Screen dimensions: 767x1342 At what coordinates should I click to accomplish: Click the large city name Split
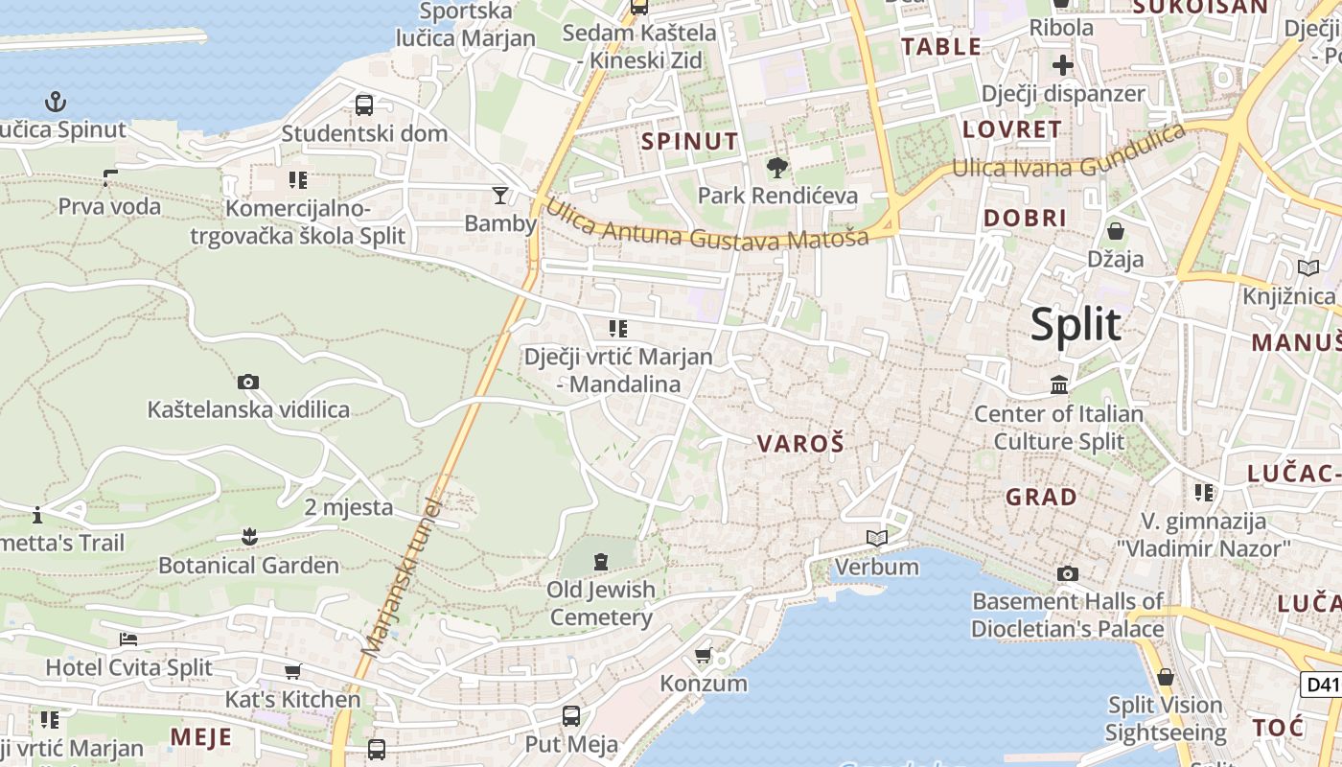click(1076, 325)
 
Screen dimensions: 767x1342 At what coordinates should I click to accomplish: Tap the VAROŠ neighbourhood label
click(800, 444)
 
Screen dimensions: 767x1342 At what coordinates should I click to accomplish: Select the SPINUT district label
click(690, 142)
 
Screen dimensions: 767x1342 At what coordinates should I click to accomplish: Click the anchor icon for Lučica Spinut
click(57, 101)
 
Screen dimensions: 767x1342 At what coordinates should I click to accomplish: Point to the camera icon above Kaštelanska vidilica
click(248, 382)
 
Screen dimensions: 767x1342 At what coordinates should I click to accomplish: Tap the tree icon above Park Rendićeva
click(776, 168)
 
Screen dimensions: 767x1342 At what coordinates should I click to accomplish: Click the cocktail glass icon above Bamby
click(500, 196)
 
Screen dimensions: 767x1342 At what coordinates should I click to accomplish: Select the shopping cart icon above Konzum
click(703, 656)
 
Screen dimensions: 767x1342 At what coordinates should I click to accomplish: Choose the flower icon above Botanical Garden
click(249, 537)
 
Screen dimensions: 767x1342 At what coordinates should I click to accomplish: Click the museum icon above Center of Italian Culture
click(1059, 385)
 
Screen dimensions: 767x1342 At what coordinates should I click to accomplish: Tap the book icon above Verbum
click(877, 539)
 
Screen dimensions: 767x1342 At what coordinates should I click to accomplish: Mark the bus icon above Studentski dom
click(364, 105)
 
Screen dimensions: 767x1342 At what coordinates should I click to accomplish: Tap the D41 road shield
click(1321, 685)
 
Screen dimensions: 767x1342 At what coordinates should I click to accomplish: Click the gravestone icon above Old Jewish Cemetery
click(601, 561)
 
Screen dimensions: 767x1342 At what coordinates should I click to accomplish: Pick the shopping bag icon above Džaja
click(1116, 231)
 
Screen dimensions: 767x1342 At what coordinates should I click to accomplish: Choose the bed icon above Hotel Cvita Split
click(128, 639)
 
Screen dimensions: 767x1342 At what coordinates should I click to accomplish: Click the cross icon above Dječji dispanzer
click(1063, 65)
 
